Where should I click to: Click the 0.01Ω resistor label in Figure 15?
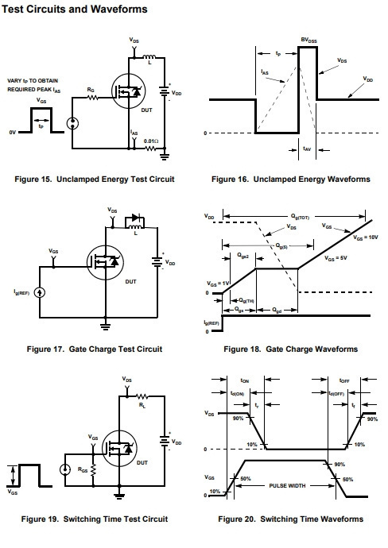[151, 141]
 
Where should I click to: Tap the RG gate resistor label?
[91, 91]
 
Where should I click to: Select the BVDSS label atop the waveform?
[308, 41]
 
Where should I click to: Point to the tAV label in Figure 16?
[307, 149]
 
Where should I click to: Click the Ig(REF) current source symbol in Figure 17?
[40, 292]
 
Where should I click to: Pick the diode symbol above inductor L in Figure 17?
[134, 218]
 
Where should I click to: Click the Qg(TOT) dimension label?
[300, 217]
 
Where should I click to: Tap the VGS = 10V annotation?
[365, 237]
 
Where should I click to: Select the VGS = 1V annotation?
[218, 284]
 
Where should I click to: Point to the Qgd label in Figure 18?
[277, 310]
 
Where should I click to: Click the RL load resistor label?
[142, 405]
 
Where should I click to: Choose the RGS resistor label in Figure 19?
[83, 469]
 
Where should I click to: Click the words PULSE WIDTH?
[287, 486]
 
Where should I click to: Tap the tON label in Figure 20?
[245, 380]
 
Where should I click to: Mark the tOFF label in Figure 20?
[344, 380]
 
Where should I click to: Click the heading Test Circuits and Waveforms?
[75, 9]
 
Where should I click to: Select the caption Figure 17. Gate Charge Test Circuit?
[95, 349]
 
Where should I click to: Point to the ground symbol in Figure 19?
[119, 496]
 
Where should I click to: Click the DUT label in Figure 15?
[146, 110]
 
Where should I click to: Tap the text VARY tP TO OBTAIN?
[33, 81]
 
